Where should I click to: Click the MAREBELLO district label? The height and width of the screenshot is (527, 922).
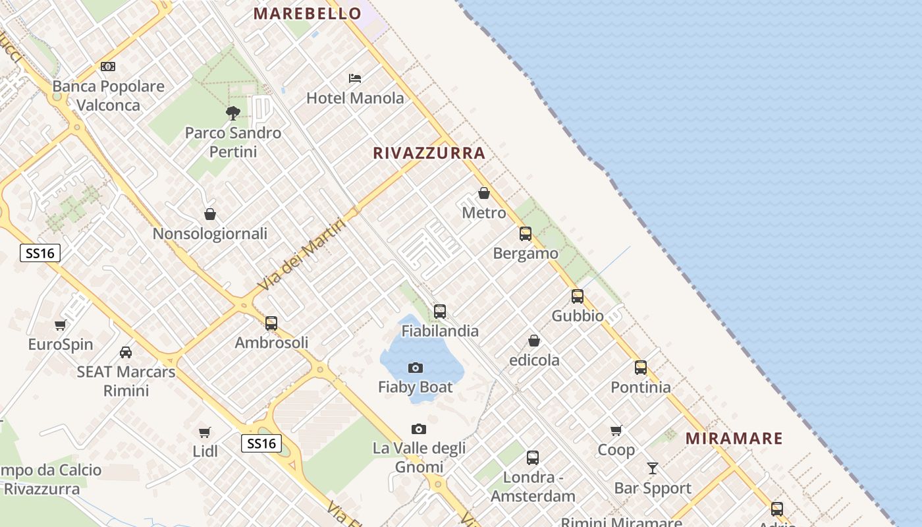coord(308,13)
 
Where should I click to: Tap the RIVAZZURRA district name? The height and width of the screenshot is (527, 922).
coord(429,153)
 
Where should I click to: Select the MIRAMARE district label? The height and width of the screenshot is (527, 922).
coord(734,438)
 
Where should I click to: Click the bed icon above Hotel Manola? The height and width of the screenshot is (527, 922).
coord(355,78)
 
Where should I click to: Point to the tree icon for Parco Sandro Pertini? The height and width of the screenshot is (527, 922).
coord(232,113)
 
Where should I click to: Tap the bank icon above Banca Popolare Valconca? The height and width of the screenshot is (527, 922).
coord(108,67)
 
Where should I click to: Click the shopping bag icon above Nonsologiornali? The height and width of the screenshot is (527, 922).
coord(210,214)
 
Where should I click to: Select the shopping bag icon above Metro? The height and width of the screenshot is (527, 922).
coord(484,193)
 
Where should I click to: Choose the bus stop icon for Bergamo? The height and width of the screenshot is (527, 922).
coord(526,233)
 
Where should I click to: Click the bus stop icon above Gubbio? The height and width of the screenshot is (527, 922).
coord(578,296)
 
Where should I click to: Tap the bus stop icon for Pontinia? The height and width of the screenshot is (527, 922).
coord(641,368)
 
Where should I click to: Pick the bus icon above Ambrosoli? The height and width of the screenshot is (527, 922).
coord(271,323)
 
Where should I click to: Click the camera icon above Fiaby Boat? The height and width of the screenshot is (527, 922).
coord(416,368)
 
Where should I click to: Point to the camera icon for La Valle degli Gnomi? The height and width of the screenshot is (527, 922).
coord(419,430)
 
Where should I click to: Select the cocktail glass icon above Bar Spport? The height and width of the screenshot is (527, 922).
coord(653,468)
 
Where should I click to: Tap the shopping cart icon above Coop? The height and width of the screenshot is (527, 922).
coord(616,431)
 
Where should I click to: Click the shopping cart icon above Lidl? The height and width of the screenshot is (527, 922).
coord(205,432)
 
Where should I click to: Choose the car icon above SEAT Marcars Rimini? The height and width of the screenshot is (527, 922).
coord(126,352)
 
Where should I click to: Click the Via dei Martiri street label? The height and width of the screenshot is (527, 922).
coord(302,255)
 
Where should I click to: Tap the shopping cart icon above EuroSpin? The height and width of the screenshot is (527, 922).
coord(61,325)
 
